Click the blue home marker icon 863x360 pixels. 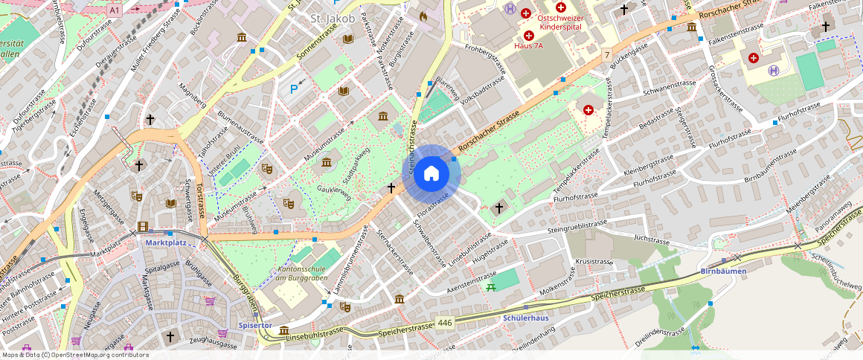coord(431,174)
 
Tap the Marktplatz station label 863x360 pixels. coord(166,242)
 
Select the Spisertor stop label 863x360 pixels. coord(255,325)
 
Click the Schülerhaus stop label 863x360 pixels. coord(526,318)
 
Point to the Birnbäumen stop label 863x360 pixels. coord(724,271)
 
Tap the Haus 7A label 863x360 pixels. coord(529,45)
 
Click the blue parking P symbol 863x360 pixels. coord(294,89)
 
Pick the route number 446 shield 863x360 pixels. coord(445,322)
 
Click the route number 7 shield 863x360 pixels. coord(607,54)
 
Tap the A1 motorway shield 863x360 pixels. coord(114,10)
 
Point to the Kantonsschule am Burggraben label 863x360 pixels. coord(302,273)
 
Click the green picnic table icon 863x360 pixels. coord(490,286)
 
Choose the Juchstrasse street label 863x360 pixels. coord(647,240)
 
